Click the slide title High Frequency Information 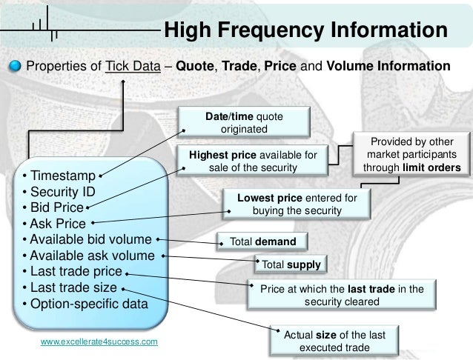[x=305, y=31]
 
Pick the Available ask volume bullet [x=88, y=256]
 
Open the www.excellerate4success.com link [x=99, y=342]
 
